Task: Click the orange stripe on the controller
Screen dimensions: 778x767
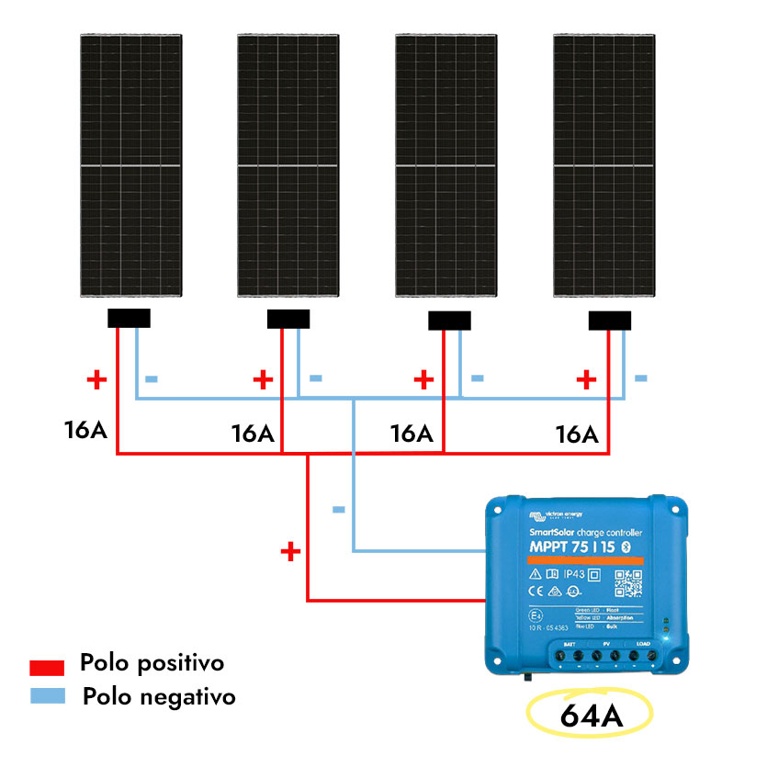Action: (x=585, y=559)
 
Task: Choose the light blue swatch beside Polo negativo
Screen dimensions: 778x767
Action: (x=47, y=695)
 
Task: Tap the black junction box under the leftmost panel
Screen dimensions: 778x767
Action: (x=129, y=319)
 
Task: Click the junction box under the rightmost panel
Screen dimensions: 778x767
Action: (x=610, y=321)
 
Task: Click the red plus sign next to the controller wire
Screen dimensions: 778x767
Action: (x=290, y=551)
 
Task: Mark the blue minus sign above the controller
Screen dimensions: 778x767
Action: (x=338, y=509)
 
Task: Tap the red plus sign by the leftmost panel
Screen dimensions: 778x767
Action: (x=96, y=378)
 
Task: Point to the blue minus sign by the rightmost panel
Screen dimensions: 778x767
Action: (x=640, y=378)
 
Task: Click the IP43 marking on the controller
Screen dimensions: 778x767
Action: (x=574, y=575)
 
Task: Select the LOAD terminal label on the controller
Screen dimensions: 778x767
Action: (x=642, y=644)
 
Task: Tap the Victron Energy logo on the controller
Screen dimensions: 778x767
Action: (x=558, y=513)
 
